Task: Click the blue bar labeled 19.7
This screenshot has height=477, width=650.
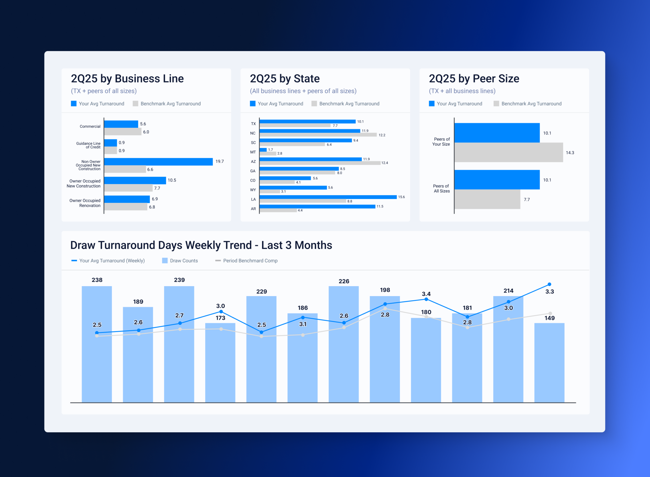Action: point(158,162)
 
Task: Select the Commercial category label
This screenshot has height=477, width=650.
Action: point(90,127)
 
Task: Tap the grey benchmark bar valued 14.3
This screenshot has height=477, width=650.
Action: point(508,152)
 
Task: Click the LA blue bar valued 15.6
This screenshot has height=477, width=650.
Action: point(328,197)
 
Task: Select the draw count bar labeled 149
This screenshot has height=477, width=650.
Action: point(549,362)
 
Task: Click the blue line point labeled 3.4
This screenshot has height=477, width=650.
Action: point(426,299)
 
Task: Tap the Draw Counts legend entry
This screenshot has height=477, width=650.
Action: point(180,261)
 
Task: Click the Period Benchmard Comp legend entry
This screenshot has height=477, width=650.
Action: point(247,261)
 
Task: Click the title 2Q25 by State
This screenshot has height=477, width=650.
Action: point(284,79)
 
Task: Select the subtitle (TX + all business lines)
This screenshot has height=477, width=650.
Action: point(462,91)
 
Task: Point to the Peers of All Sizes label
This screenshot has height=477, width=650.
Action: point(441,189)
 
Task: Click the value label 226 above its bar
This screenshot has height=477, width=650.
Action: point(344,281)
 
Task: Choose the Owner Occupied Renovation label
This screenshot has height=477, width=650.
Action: point(85,203)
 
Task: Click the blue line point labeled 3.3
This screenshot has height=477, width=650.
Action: point(549,284)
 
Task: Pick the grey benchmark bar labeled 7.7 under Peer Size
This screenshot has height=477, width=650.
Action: point(487,199)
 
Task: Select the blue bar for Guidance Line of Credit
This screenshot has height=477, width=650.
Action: point(110,143)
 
